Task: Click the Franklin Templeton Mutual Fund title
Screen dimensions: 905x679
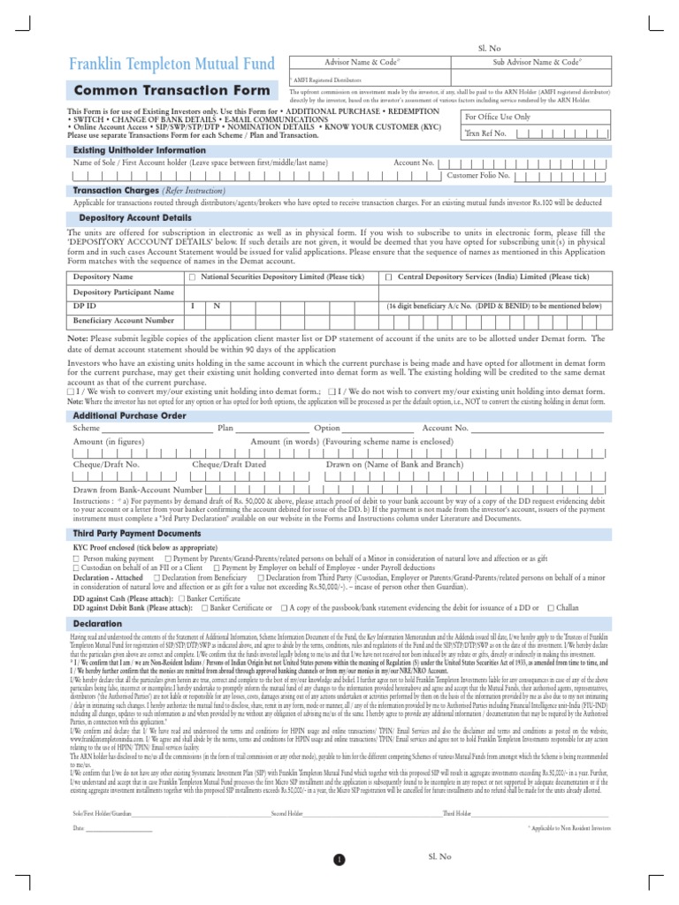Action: [173, 65]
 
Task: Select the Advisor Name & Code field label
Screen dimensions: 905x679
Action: [363, 63]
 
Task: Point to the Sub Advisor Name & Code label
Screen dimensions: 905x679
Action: [537, 63]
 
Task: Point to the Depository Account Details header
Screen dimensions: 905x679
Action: [135, 217]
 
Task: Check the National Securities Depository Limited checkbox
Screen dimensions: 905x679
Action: [192, 278]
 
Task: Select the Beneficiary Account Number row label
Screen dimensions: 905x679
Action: [124, 320]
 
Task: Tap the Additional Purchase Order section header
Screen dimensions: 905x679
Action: [129, 414]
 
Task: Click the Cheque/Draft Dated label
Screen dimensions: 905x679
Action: [229, 464]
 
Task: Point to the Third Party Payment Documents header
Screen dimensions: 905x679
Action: [137, 535]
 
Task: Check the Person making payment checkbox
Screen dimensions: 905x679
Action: [76, 559]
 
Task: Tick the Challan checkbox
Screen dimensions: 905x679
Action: [552, 608]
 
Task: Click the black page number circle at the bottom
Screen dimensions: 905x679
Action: [339, 859]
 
